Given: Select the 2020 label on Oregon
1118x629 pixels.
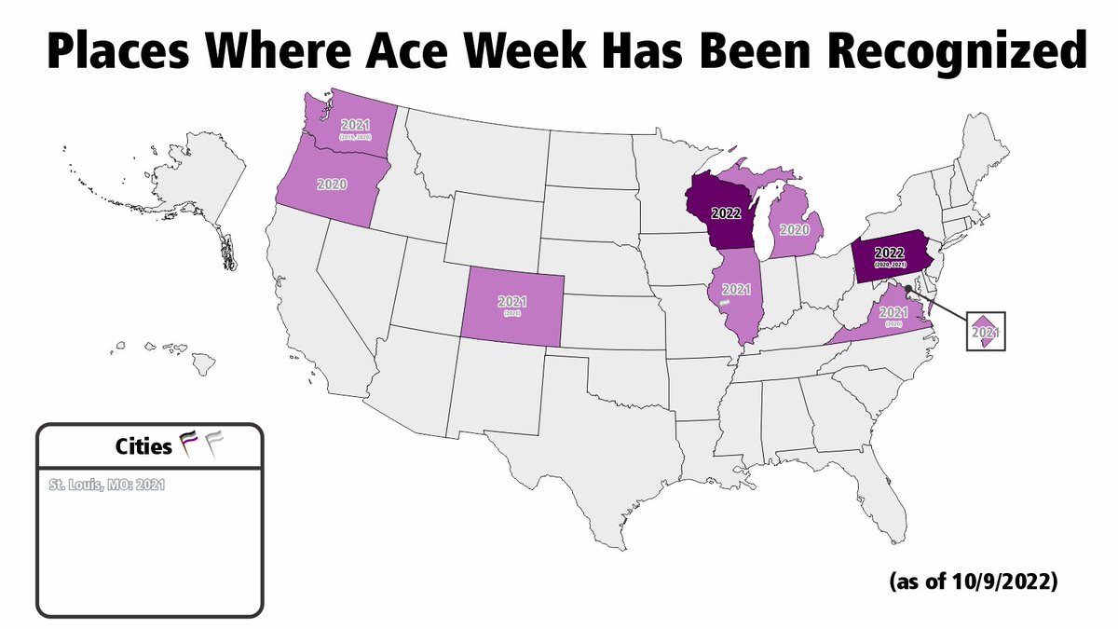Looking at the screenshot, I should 326,185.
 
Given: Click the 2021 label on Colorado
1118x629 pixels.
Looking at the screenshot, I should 512,302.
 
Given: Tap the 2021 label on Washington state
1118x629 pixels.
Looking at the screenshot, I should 355,125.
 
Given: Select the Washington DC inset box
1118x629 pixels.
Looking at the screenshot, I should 986,330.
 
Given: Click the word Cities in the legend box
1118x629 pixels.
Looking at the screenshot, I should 143,447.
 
